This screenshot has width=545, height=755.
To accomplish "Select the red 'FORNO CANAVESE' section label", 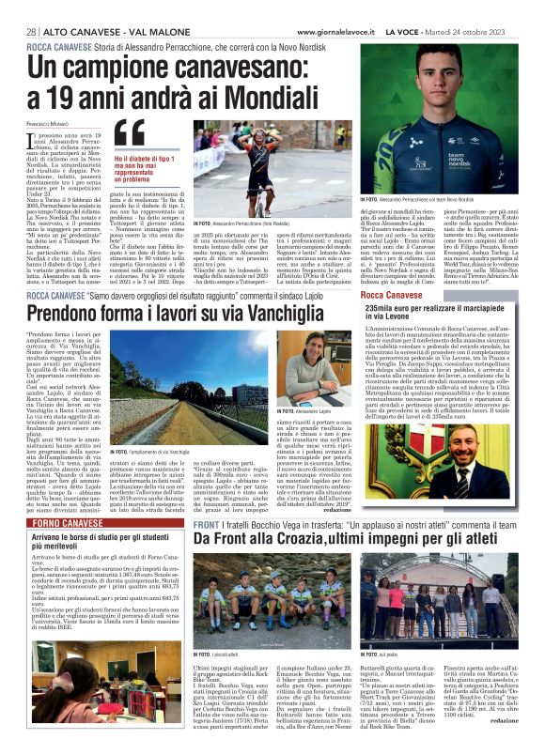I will tap(56, 522).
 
